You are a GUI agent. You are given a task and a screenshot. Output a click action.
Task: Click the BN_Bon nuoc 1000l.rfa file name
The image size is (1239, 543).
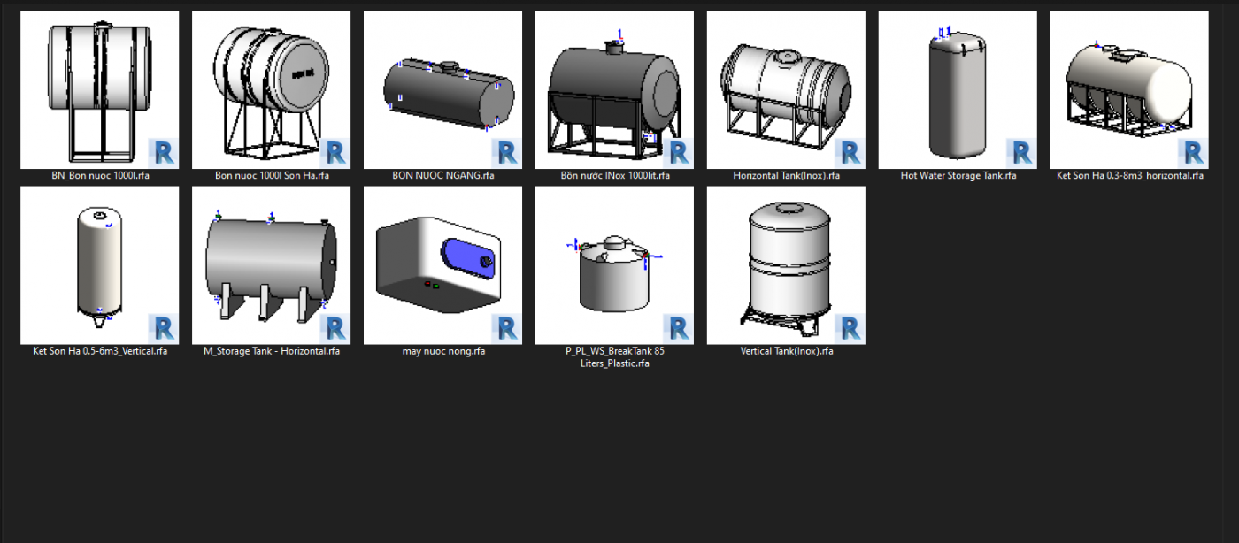pyautogui.click(x=100, y=175)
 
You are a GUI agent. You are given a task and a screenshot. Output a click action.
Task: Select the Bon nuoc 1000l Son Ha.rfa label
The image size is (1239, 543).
pyautogui.click(x=272, y=175)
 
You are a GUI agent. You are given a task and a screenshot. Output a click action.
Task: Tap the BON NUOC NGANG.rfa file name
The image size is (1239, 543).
pyautogui.click(x=443, y=175)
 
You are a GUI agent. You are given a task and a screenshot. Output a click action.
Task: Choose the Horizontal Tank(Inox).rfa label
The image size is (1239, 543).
pyautogui.click(x=786, y=175)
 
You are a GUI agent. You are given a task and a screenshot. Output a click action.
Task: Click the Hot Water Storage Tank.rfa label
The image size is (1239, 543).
pyautogui.click(x=958, y=175)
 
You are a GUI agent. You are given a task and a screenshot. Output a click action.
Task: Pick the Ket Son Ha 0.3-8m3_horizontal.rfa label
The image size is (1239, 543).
pyautogui.click(x=1129, y=175)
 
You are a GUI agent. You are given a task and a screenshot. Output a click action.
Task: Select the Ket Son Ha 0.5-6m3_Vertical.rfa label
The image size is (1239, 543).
pyautogui.click(x=100, y=351)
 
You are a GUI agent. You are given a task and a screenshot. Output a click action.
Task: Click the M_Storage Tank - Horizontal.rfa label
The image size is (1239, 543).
pyautogui.click(x=272, y=351)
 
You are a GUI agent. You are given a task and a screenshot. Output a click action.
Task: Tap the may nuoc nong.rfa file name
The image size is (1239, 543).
pyautogui.click(x=443, y=351)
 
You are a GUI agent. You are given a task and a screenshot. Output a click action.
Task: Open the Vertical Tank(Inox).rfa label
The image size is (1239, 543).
pyautogui.click(x=786, y=351)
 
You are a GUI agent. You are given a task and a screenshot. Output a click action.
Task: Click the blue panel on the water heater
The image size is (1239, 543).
pyautogui.click(x=467, y=257)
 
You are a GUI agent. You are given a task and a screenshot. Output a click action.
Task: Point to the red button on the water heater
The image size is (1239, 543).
pyautogui.click(x=427, y=284)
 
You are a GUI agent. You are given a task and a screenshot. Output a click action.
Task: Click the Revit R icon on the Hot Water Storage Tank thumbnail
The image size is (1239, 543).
pyautogui.click(x=1021, y=153)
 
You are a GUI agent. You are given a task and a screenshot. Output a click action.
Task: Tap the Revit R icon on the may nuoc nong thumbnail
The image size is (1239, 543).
pyautogui.click(x=506, y=328)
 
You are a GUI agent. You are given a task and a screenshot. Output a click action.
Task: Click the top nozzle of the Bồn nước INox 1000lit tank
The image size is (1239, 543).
pyautogui.click(x=614, y=48)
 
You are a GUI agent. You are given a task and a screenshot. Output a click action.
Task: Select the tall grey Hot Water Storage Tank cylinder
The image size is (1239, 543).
pyautogui.click(x=958, y=96)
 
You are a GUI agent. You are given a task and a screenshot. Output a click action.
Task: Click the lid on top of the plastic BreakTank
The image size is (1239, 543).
pyautogui.click(x=614, y=243)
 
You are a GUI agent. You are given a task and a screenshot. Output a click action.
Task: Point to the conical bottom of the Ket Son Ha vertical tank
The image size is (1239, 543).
pyautogui.click(x=99, y=318)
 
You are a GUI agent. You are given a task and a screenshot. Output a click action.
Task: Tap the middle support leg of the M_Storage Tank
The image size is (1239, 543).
pyautogui.click(x=264, y=303)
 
